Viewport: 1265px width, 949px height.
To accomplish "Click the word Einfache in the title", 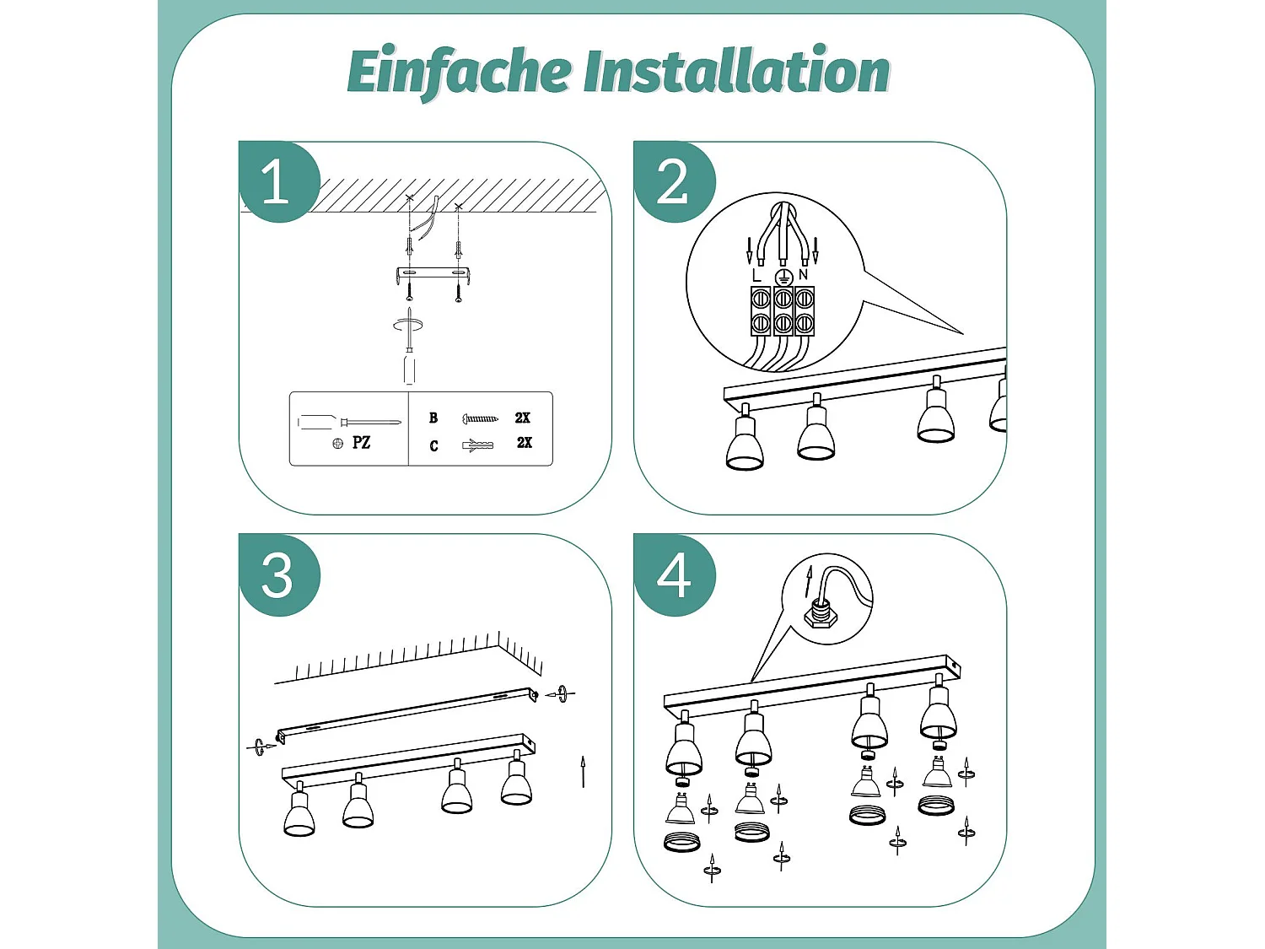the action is point(460,72).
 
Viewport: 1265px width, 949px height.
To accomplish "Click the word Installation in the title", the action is point(737,71).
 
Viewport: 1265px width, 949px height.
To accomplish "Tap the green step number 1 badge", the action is point(279,181).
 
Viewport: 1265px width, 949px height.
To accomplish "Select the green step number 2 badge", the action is point(675,181).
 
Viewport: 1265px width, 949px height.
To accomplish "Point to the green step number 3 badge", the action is point(279,575).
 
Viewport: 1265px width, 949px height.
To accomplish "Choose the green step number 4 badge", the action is point(675,575).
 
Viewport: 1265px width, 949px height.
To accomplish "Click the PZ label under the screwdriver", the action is point(361,443).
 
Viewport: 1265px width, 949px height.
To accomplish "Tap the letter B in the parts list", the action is point(433,418).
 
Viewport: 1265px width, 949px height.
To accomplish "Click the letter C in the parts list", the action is point(433,445).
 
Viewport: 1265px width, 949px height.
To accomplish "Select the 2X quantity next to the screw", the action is point(522,418).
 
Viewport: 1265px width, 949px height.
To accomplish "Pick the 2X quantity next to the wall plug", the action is point(524,443).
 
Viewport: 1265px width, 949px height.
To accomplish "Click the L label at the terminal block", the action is point(756,276).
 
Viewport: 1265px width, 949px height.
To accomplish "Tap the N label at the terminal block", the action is point(803,275).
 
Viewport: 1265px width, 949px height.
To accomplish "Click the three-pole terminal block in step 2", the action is point(782,311).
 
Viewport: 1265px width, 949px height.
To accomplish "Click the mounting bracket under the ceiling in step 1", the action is point(433,273).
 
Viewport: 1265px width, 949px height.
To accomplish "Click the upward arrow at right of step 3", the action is point(583,772).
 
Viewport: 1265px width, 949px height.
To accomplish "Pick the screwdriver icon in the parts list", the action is point(348,423).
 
